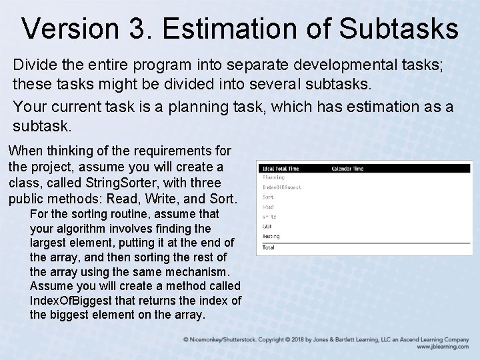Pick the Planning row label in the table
[273, 177]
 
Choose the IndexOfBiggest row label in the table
[281, 187]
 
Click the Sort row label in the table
[268, 197]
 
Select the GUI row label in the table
[267, 227]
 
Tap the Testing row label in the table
[271, 236]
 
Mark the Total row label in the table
[268, 247]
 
